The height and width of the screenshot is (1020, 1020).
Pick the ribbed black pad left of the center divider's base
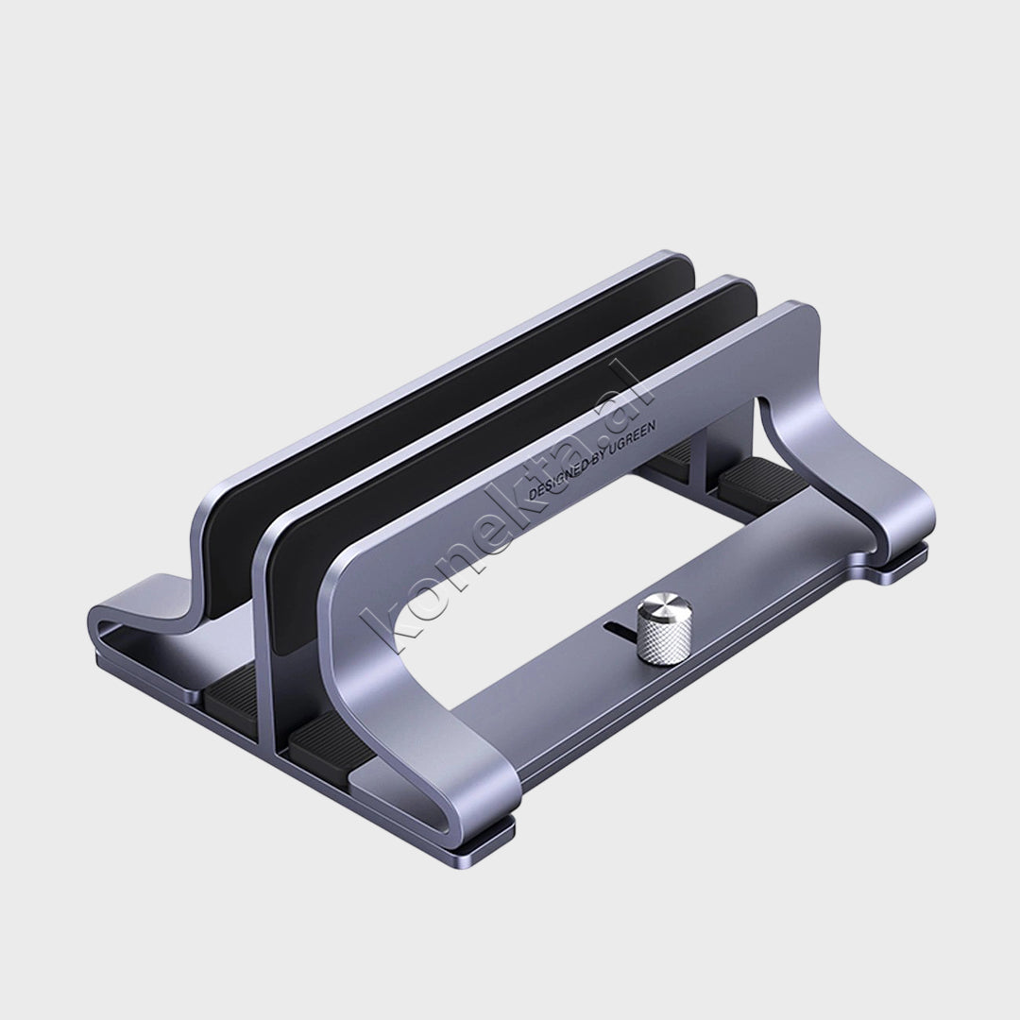[231, 690]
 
